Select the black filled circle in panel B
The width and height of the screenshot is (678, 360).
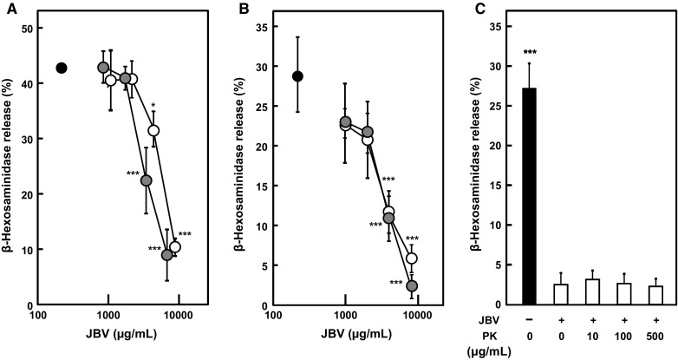coord(297,75)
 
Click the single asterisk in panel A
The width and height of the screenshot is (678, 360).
coord(153,107)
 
